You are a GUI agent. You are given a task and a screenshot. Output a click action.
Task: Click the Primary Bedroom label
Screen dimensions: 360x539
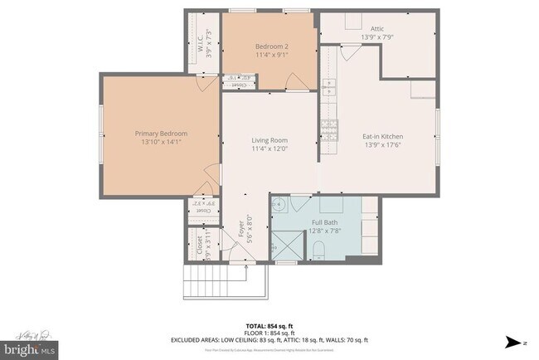coord(161,134)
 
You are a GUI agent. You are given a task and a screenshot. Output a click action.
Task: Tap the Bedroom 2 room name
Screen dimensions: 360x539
coord(271,46)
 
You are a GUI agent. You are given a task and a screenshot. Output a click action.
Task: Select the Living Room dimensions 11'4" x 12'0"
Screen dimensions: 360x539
coord(269,149)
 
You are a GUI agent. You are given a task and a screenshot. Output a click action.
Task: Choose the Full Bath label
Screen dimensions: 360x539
coord(324,222)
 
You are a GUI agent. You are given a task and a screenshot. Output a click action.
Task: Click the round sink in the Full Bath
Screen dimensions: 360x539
coord(280,205)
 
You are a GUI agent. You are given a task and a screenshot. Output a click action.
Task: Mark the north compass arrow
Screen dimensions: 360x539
coord(515,341)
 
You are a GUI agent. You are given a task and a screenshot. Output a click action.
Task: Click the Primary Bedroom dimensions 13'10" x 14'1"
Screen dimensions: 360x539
coord(161,142)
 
